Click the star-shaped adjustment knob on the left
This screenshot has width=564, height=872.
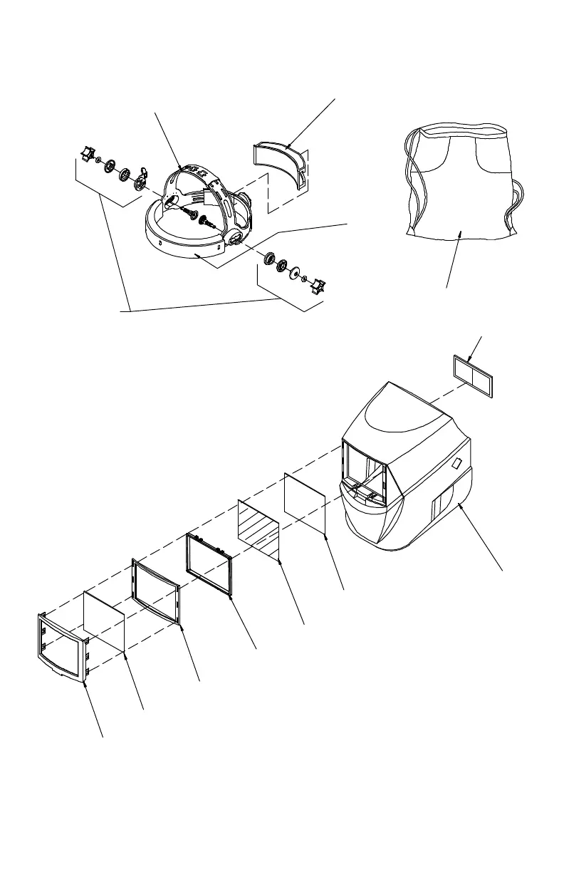pyautogui.click(x=86, y=152)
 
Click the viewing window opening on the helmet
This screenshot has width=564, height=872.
pyautogui.click(x=365, y=470)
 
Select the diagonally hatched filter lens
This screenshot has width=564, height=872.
pyautogui.click(x=258, y=529)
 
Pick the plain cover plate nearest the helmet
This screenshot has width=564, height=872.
pyautogui.click(x=305, y=502)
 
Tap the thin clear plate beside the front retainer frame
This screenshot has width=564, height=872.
pyautogui.click(x=105, y=620)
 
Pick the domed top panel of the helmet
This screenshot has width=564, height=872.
pyautogui.click(x=399, y=420)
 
